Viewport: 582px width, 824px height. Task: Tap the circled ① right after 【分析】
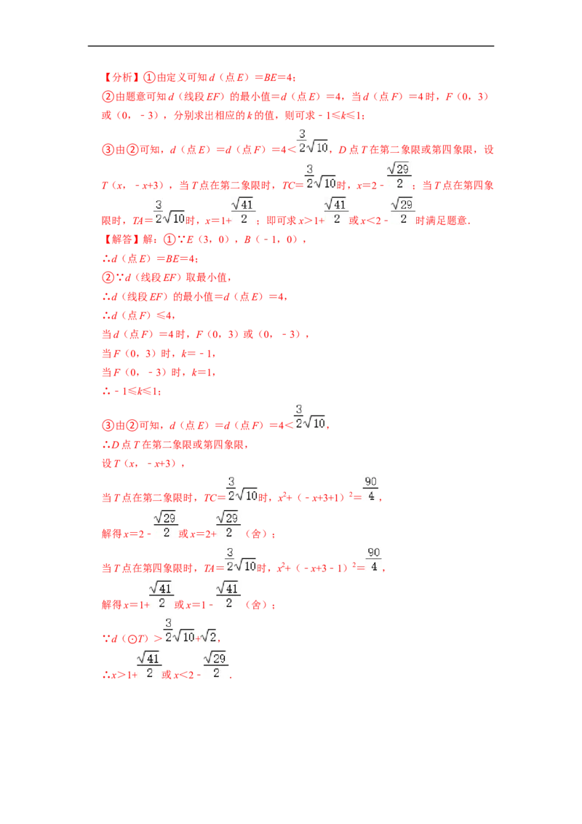150,78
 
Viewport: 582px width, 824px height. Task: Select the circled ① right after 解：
169,239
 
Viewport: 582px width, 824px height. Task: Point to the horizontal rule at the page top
291,47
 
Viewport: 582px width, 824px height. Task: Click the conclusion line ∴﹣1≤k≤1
132,392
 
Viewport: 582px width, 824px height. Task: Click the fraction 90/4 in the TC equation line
371,489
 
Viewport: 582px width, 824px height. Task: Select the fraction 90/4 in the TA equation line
373,560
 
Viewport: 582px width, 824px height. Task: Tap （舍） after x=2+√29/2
256,534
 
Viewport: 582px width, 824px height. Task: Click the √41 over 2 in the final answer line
149,665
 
